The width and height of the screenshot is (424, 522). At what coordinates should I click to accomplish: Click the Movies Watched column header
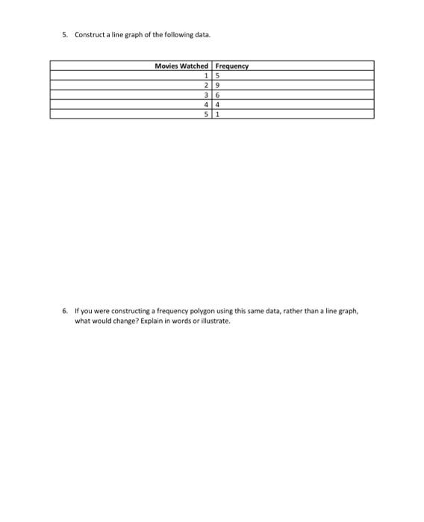pos(181,66)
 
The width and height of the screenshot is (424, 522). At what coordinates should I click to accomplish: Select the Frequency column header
pos(231,66)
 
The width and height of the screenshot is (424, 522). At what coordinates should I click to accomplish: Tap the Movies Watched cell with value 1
pos(205,75)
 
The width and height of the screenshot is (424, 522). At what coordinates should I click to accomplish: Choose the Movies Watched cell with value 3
pos(205,95)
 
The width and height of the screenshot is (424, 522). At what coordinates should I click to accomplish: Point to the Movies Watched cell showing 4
pos(205,104)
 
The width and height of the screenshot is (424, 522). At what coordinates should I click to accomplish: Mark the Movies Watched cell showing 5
pos(205,114)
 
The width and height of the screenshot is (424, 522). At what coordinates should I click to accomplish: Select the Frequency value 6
pos(218,95)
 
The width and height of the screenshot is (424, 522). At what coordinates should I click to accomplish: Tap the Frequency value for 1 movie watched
pos(218,75)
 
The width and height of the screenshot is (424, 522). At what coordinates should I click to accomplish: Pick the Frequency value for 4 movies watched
pos(218,104)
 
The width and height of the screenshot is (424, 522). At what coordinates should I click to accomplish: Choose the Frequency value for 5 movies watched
pos(218,114)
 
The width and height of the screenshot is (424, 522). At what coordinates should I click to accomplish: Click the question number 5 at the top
pos(65,34)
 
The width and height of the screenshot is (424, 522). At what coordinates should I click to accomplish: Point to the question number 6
pos(65,310)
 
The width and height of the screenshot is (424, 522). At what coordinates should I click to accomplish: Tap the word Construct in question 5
pos(88,34)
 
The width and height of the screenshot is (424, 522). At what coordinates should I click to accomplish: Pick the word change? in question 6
pos(122,321)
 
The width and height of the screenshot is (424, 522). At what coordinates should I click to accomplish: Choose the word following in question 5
pos(173,34)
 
